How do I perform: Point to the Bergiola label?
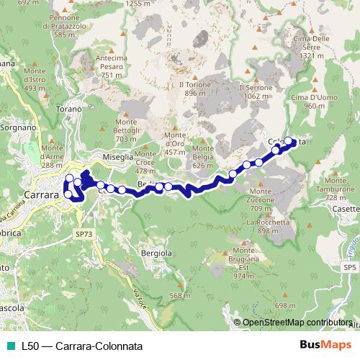[x=157, y=254]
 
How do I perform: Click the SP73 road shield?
[x=84, y=235]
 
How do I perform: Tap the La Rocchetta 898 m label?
[x=262, y=226]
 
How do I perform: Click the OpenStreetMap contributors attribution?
[x=300, y=323]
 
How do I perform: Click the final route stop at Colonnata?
[x=288, y=141]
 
